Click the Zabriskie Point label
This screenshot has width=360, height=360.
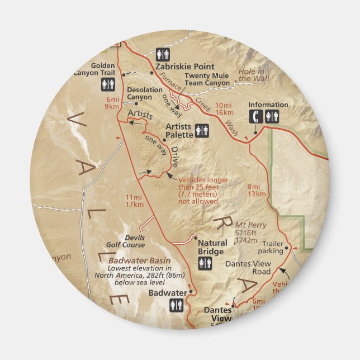(184, 66)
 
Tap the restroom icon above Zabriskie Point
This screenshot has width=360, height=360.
(163, 54)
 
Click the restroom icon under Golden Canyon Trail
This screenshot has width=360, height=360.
(108, 84)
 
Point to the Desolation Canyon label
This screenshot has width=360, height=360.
(140, 93)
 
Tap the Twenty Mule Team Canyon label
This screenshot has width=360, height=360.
(207, 79)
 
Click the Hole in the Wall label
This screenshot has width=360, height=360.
(253, 75)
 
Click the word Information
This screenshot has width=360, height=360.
(268, 105)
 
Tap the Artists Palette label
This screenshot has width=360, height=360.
(179, 130)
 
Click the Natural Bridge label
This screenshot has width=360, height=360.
(212, 247)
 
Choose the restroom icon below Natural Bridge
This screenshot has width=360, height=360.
(205, 263)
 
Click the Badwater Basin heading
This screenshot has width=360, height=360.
(140, 261)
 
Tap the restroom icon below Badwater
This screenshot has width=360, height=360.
(177, 306)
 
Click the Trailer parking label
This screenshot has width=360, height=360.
(271, 247)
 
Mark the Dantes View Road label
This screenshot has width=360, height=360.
(248, 268)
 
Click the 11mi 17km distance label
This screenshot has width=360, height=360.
(134, 201)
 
